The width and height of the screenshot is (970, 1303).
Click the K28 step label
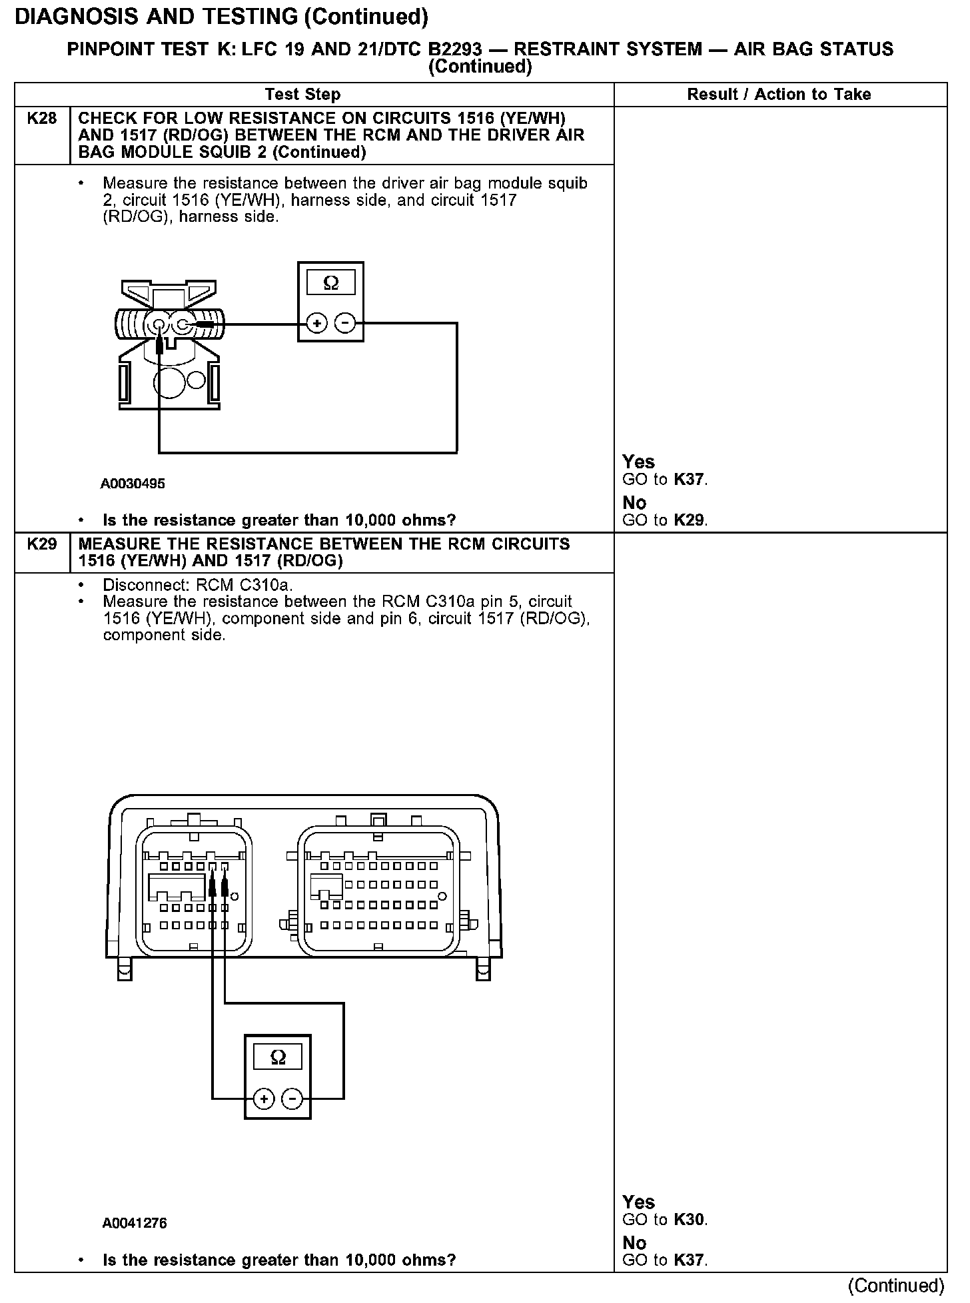[x=41, y=119]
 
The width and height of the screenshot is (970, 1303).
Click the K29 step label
[x=41, y=544]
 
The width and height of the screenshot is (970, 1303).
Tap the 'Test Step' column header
[x=302, y=95]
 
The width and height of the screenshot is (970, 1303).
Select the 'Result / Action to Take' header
[x=779, y=95]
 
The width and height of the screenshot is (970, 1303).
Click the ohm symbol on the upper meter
[x=330, y=284]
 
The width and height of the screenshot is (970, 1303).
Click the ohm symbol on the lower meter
[x=278, y=1057]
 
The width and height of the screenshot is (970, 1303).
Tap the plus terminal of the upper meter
[x=316, y=324]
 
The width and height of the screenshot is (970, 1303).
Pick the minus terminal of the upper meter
[x=345, y=324]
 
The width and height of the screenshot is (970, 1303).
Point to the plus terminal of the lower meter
[x=264, y=1098]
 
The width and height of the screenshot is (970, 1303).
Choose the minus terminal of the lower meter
[x=292, y=1098]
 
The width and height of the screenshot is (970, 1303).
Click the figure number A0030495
[x=133, y=484]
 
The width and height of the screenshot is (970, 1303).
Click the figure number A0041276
[x=134, y=1223]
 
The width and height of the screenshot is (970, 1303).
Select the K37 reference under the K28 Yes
[x=690, y=479]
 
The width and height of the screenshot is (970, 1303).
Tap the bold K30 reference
[x=690, y=1219]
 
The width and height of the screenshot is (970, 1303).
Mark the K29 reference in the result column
[x=690, y=520]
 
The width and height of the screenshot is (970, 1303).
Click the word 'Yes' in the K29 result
[x=638, y=1202]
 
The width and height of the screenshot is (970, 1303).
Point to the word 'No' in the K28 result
[x=634, y=502]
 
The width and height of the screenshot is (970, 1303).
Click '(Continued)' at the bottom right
[x=897, y=1285]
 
